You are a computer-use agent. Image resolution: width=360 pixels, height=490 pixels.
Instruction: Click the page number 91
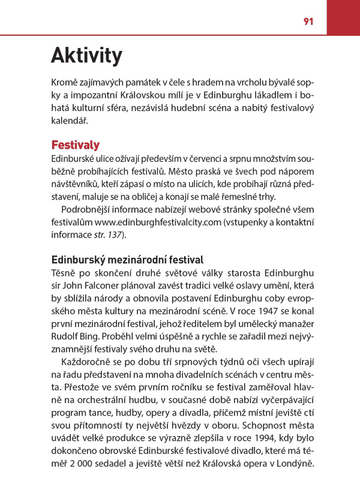(x=308, y=21)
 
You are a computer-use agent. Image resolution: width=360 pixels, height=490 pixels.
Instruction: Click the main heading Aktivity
(x=86, y=55)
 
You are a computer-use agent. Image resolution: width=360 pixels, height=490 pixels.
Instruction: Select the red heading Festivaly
(x=75, y=145)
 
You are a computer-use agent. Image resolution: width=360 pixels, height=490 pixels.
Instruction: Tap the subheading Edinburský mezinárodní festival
(x=127, y=260)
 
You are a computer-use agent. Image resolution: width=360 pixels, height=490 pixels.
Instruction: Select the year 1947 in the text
(x=257, y=312)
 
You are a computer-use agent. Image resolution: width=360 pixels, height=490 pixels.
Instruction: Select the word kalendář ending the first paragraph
(x=69, y=121)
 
